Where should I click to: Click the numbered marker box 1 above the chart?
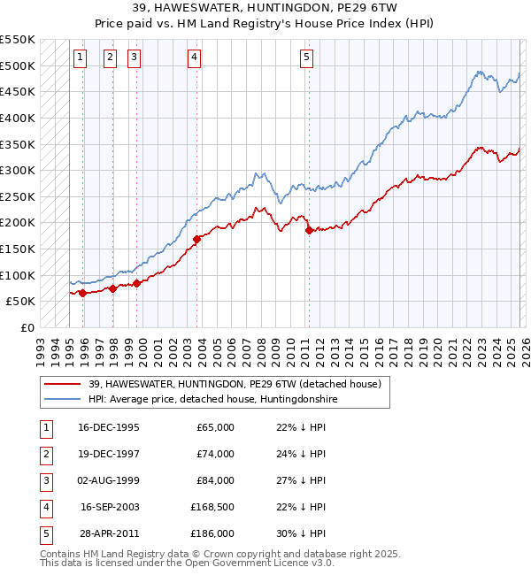[x=80, y=58]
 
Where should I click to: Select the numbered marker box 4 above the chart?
[x=194, y=58]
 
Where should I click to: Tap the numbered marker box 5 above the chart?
[x=306, y=58]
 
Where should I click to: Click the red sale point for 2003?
[x=196, y=238]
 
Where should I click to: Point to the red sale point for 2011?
[x=309, y=230]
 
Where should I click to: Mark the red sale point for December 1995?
[x=82, y=293]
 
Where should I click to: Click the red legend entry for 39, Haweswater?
[x=235, y=384]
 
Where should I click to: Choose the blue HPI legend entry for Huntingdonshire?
[x=213, y=400]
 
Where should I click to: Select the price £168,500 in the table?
[x=212, y=508]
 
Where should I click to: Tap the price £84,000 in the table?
[x=216, y=481]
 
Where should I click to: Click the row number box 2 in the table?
[x=43, y=455]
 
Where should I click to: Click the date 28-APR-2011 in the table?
[x=108, y=534]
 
